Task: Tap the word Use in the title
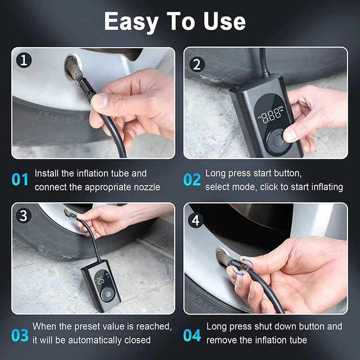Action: coord(225,21)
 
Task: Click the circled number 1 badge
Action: coord(24,60)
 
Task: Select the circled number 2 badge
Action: coord(197,64)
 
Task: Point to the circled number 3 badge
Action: coord(24,216)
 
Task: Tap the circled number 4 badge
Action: coord(196,220)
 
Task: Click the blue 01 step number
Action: coord(20,179)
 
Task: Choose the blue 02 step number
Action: coord(192,179)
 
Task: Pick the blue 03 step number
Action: coord(20,335)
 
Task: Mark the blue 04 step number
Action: coord(192,335)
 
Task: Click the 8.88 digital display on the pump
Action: coord(271,116)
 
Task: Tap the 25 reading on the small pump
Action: coord(100,280)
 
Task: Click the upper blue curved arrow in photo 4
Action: coord(248,261)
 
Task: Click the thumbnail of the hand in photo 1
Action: coord(100,100)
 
